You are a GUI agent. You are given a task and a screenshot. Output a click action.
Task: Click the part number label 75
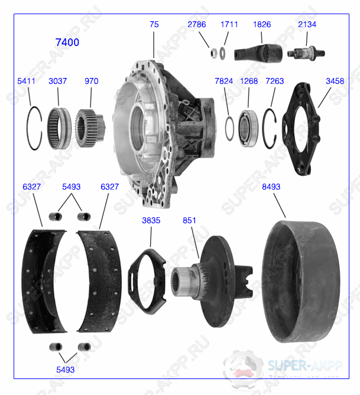pos(154,24)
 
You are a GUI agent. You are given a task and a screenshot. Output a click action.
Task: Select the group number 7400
pos(67,43)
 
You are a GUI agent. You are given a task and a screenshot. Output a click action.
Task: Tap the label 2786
pos(197,24)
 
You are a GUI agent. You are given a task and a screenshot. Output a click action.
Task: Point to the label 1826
pos(262,24)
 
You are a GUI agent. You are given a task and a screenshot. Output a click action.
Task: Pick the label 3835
pos(151,220)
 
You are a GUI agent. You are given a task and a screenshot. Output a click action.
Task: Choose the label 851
pos(189,220)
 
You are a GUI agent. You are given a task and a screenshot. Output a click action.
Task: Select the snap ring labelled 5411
pos(34,127)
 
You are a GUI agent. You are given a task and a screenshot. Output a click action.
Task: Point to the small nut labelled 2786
pos(212,53)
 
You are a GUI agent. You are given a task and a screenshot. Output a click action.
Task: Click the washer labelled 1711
pos(222,53)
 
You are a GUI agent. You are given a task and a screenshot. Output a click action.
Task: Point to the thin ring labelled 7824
pos(229,128)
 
